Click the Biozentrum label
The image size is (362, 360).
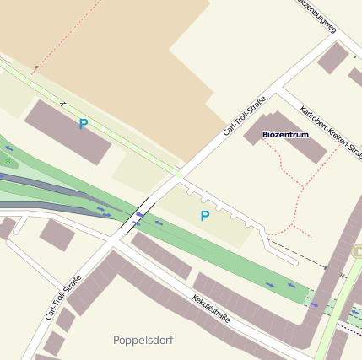click(285, 134)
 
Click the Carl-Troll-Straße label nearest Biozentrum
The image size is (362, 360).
click(245, 116)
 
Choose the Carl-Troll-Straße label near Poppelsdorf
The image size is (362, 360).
click(63, 298)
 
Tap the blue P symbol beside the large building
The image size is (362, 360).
click(83, 125)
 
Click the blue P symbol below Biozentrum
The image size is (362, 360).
click(204, 217)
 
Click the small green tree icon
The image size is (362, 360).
click(8, 159)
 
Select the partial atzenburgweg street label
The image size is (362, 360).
click(317, 14)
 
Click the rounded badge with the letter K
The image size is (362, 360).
click(357, 251)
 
